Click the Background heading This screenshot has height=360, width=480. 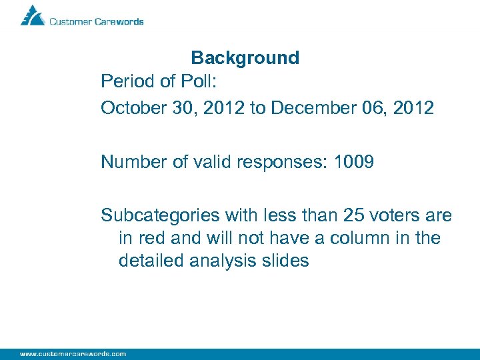(245, 58)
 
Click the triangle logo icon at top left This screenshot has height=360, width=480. (32, 15)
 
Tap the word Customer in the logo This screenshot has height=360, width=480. (71, 21)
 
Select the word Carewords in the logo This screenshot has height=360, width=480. (119, 21)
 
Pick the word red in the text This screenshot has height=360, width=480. (152, 238)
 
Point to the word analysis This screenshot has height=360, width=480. (221, 261)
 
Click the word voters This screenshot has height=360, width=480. (389, 215)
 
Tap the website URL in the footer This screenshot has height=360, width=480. (73, 353)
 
